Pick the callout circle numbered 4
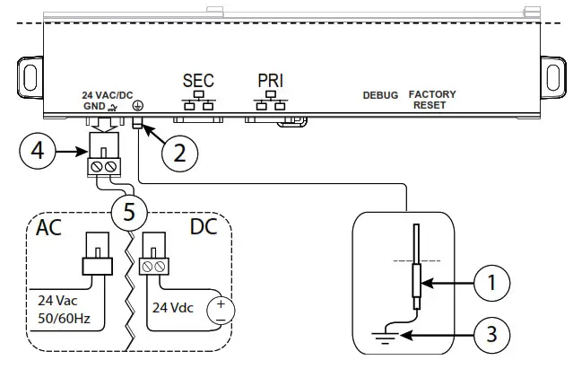pos(36,152)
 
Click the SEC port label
pos(199,80)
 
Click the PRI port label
pos(270,80)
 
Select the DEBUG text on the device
pos(380,95)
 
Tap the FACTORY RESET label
pos(432,100)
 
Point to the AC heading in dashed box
pos(49,227)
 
